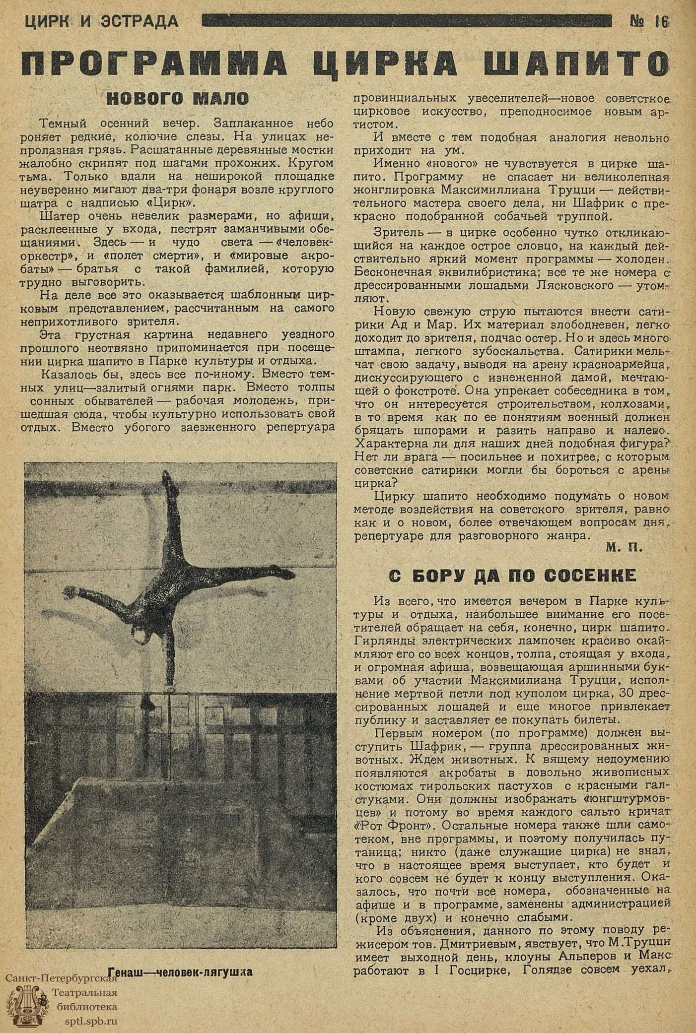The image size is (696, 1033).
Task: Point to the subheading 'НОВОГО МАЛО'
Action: click(x=178, y=98)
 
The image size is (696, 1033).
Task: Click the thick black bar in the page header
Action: click(x=406, y=21)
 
